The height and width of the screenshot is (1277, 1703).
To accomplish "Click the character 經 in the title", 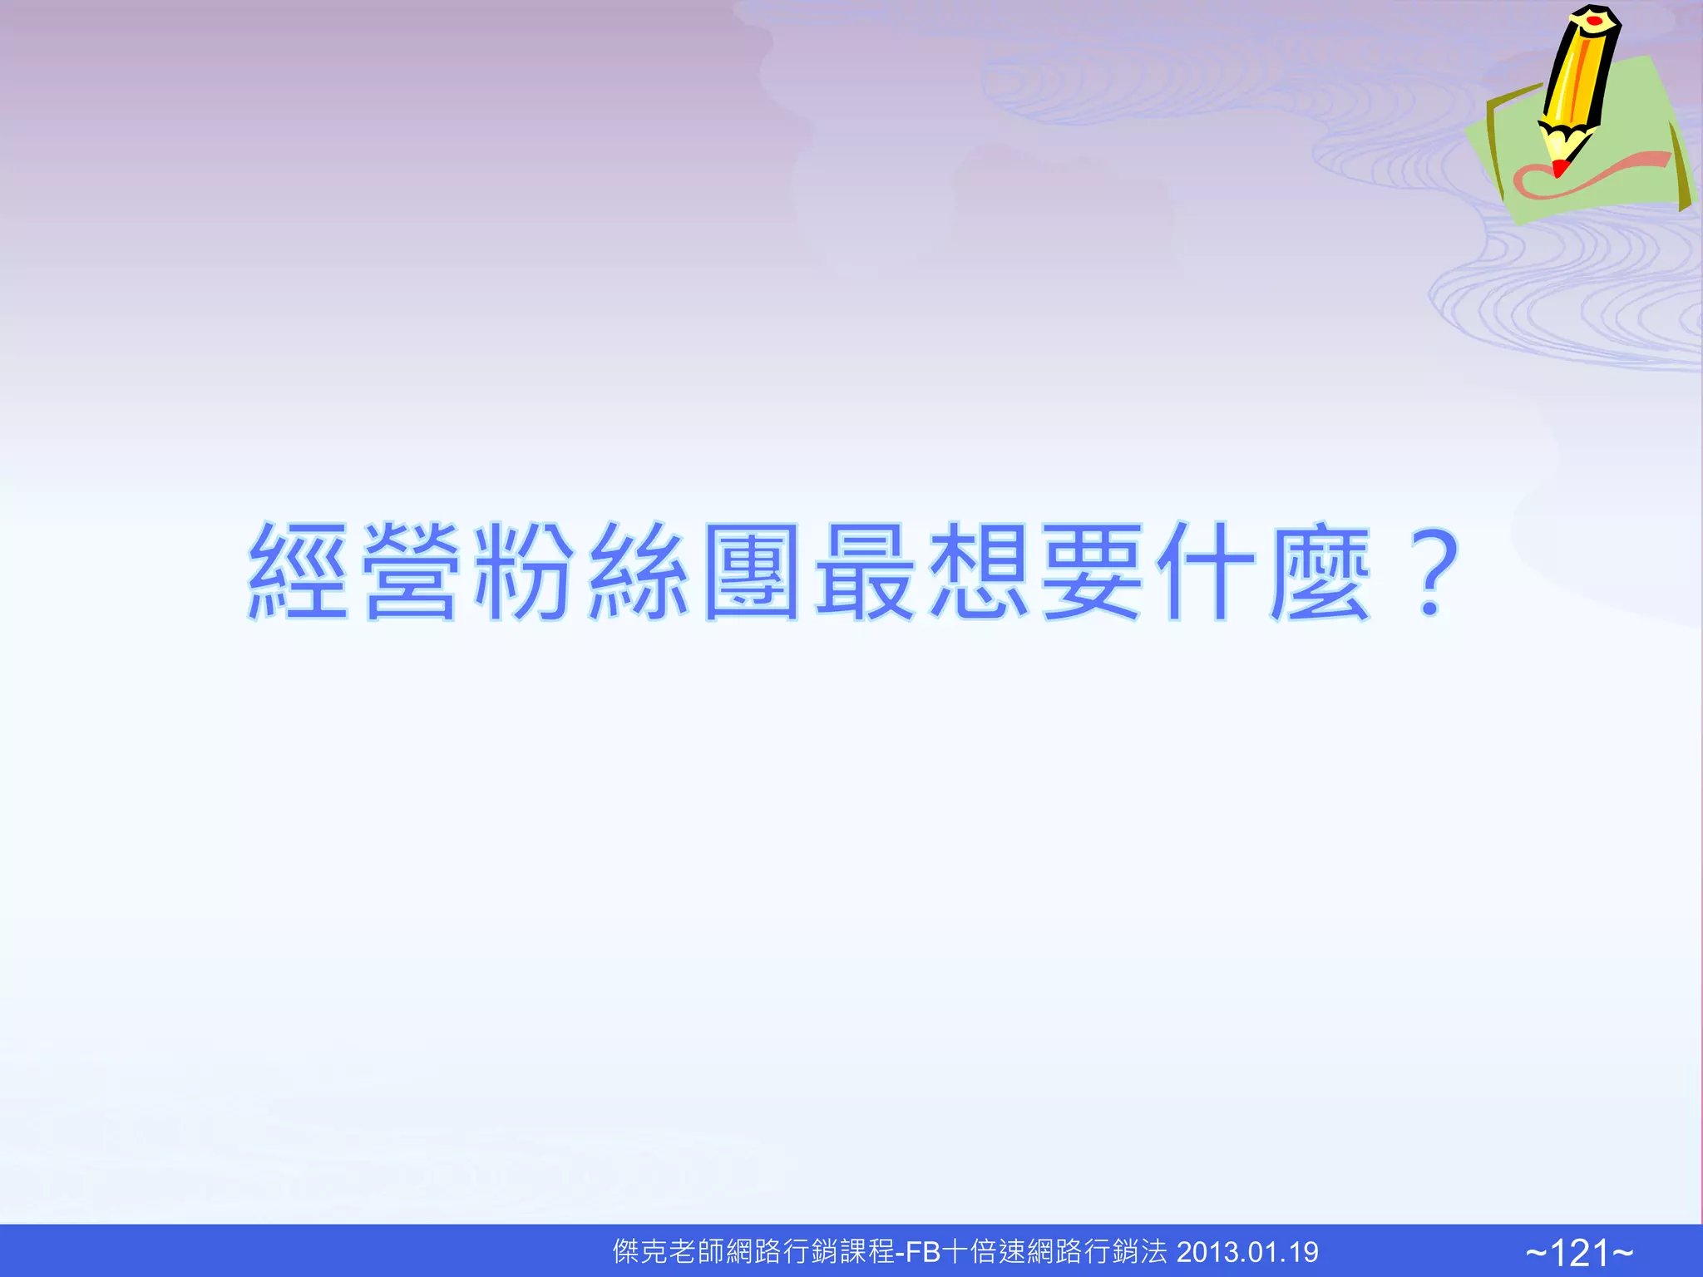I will click(x=299, y=571).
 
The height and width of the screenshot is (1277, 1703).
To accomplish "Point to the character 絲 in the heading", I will click(x=638, y=571).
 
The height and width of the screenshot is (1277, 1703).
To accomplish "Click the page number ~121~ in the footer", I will click(x=1579, y=1252).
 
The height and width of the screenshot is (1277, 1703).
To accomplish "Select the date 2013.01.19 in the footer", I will click(x=1247, y=1252).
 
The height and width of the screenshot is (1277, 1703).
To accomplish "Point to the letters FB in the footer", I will click(x=923, y=1252).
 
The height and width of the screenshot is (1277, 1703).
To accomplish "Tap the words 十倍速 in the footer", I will click(x=985, y=1252).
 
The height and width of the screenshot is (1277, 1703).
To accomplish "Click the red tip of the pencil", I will click(x=1559, y=169).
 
